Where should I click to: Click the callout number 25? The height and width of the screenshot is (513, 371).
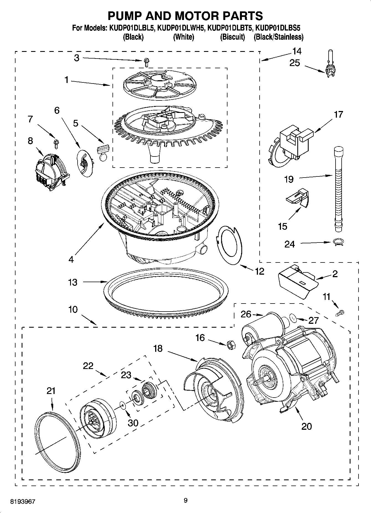(295, 63)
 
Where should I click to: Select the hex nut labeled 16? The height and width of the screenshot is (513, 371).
(230, 345)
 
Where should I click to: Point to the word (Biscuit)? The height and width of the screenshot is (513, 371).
(232, 37)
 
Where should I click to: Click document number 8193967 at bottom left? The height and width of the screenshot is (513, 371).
(22, 501)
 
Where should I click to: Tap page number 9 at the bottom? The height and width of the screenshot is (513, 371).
(185, 500)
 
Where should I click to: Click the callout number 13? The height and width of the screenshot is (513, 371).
(73, 282)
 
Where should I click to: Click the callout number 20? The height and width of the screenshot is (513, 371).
(306, 426)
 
